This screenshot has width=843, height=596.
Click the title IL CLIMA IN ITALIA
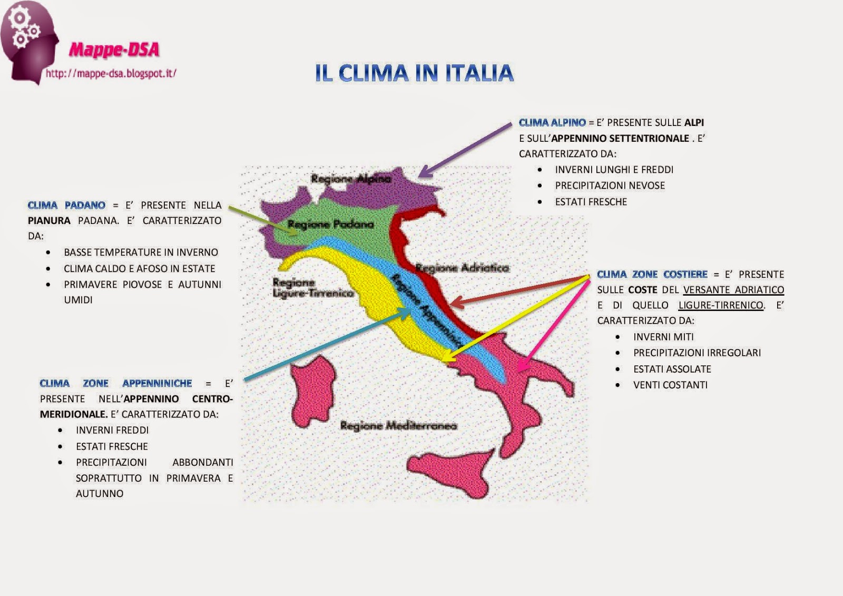click(414, 73)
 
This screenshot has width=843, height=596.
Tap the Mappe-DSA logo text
click(114, 50)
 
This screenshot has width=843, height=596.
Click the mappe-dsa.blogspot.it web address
click(111, 73)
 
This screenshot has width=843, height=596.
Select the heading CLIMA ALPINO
click(552, 122)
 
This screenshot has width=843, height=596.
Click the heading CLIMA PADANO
click(66, 205)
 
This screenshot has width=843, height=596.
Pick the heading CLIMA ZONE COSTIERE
click(652, 274)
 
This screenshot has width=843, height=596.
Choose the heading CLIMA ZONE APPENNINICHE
click(115, 383)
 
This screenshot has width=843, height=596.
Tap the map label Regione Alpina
click(351, 179)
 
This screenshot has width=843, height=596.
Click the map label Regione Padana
click(330, 224)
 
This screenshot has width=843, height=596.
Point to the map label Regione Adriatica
click(462, 268)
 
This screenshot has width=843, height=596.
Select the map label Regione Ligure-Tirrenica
click(312, 288)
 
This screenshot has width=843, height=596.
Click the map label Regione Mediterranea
click(398, 425)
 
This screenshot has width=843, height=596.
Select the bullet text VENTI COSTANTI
click(670, 385)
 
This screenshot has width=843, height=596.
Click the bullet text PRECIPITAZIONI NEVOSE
click(610, 185)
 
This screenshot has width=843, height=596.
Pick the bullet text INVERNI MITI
click(663, 337)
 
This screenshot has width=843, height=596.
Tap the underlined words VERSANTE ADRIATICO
click(733, 290)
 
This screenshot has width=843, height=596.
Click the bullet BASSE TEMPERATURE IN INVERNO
click(141, 252)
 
